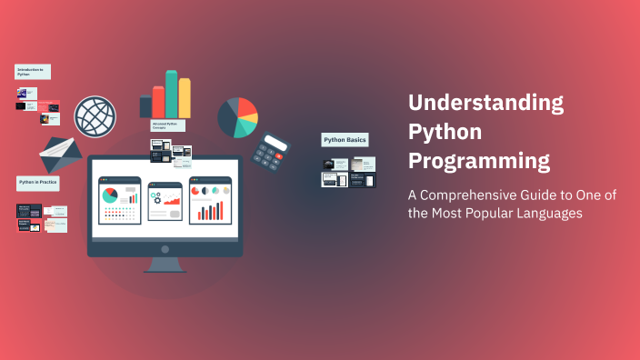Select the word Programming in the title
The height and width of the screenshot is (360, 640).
pos(479,162)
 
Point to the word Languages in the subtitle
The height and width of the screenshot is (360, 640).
pos(544,213)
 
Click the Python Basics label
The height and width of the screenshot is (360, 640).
pos(345,140)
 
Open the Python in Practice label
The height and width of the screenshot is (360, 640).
pos(38,184)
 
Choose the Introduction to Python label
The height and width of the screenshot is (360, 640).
pos(32,72)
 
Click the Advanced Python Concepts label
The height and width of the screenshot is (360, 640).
pos(169,125)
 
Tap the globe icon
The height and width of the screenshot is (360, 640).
pos(95,116)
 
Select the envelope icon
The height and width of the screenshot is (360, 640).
pos(61,154)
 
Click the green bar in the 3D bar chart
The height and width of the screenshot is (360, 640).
pos(171,94)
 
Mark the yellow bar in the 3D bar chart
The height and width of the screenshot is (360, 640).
pos(185,97)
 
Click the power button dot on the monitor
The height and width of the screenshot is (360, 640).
pos(165,248)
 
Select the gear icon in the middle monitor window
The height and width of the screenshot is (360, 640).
pos(155,196)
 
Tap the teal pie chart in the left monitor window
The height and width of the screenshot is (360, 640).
pos(110,195)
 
